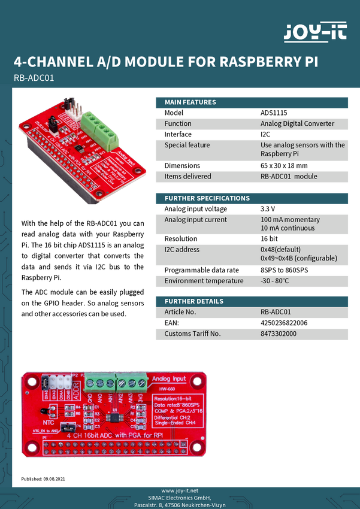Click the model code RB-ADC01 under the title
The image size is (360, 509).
[34, 77]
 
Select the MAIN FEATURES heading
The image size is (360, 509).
[190, 102]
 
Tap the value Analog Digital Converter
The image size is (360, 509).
[297, 124]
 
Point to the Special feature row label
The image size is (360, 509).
[187, 145]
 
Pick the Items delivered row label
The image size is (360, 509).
[187, 177]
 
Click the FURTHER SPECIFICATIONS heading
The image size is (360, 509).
[207, 198]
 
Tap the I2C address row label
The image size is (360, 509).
[182, 249]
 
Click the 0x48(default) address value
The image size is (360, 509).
[280, 249]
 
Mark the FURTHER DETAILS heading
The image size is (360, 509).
[193, 301]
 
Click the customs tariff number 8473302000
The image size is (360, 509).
[279, 334]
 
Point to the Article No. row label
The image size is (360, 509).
[180, 312]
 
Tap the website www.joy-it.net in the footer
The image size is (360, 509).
[180, 490]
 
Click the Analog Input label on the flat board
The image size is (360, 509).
[169, 379]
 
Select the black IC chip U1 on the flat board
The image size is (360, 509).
[114, 415]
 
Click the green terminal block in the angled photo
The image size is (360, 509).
[98, 127]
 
